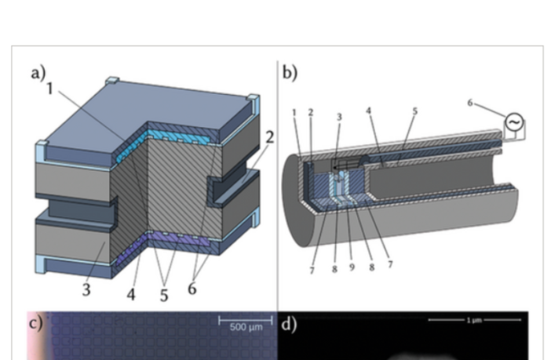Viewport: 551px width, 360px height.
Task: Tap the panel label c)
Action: [x=35, y=321]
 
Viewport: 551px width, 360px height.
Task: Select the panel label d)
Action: [x=287, y=321]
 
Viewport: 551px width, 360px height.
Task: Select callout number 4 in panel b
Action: [x=367, y=111]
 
